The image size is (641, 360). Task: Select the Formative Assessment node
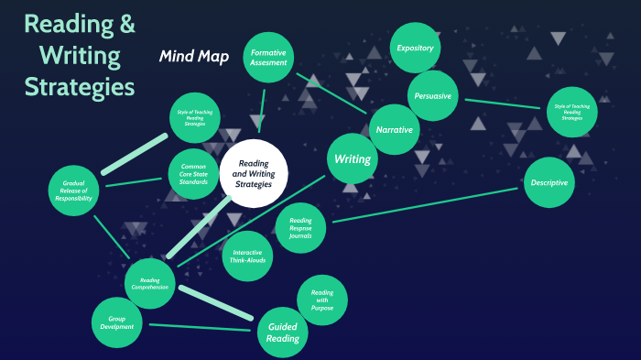click(270, 58)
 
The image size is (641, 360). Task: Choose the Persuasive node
click(431, 96)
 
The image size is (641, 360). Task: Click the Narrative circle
click(394, 129)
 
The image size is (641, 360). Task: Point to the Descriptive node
click(549, 182)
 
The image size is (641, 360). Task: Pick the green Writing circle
click(353, 159)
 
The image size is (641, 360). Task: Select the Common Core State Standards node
click(193, 173)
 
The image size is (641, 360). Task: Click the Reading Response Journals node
click(300, 228)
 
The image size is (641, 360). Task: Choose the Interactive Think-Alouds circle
click(247, 256)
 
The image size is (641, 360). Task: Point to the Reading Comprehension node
click(150, 283)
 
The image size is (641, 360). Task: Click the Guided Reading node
click(282, 333)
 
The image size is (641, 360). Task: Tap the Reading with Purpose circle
click(321, 300)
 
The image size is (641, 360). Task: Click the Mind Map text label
click(193, 57)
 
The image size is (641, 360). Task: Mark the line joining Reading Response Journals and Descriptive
click(426, 205)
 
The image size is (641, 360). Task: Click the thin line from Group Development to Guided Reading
click(199, 327)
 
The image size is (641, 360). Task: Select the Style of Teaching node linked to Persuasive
click(571, 112)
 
